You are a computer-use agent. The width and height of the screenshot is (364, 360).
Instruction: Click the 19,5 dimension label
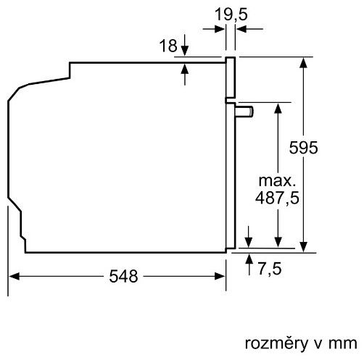point(231,14)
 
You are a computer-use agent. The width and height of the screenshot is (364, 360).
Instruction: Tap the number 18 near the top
point(168,46)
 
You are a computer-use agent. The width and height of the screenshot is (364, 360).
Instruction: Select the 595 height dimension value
point(303,148)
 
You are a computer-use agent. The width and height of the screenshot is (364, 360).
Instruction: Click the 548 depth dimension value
point(123,276)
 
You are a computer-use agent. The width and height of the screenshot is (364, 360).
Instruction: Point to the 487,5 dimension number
point(277,198)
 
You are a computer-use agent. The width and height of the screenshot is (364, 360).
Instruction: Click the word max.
point(277,180)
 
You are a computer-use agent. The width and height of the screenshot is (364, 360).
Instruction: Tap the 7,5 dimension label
point(270,269)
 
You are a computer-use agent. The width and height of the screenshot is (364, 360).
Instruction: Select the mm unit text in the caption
point(343,344)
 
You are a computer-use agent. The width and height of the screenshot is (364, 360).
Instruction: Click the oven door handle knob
point(244,112)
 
